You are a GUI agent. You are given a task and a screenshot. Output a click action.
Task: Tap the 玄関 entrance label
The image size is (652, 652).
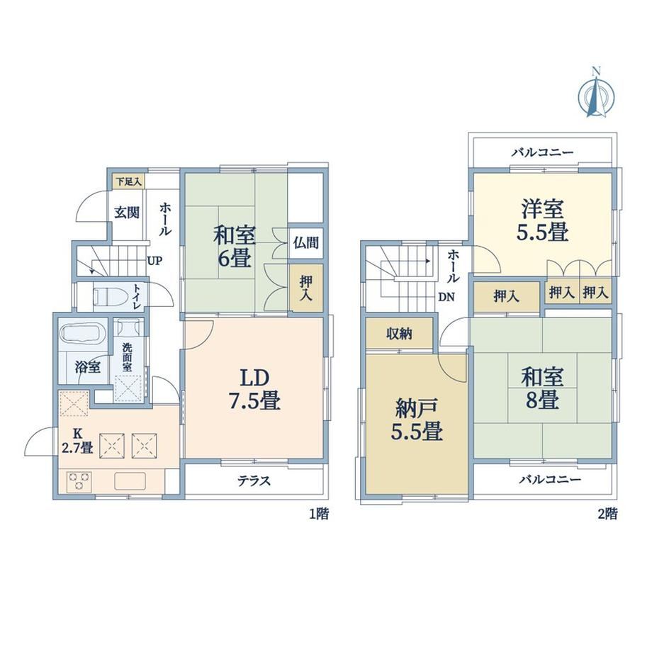(127, 213)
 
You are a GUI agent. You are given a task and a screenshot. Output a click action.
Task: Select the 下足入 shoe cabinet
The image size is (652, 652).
(129, 181)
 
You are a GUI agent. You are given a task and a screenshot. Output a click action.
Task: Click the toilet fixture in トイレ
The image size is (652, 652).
(107, 296)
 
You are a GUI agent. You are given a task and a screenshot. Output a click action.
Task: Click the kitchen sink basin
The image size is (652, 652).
(130, 481)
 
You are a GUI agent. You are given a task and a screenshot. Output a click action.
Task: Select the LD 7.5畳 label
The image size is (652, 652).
(254, 390)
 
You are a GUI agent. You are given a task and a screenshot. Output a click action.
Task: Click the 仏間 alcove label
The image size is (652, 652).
(305, 242)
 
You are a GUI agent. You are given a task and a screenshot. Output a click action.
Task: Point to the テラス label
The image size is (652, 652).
(254, 480)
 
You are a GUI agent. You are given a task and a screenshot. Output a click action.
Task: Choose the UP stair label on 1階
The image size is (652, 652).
(154, 261)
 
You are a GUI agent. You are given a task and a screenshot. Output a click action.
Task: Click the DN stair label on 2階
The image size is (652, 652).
(446, 297)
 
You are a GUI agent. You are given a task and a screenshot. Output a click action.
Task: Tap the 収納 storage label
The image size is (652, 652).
(399, 334)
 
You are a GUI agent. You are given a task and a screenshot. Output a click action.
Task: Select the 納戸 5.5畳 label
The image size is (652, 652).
(416, 420)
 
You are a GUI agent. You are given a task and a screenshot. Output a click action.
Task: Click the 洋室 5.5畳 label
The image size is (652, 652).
(543, 220)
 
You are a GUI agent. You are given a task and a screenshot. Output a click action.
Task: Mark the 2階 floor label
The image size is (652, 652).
(608, 514)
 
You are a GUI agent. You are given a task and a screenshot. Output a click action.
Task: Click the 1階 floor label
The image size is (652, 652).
(319, 514)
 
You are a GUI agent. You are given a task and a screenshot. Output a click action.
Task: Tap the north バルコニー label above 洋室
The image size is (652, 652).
(542, 152)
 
